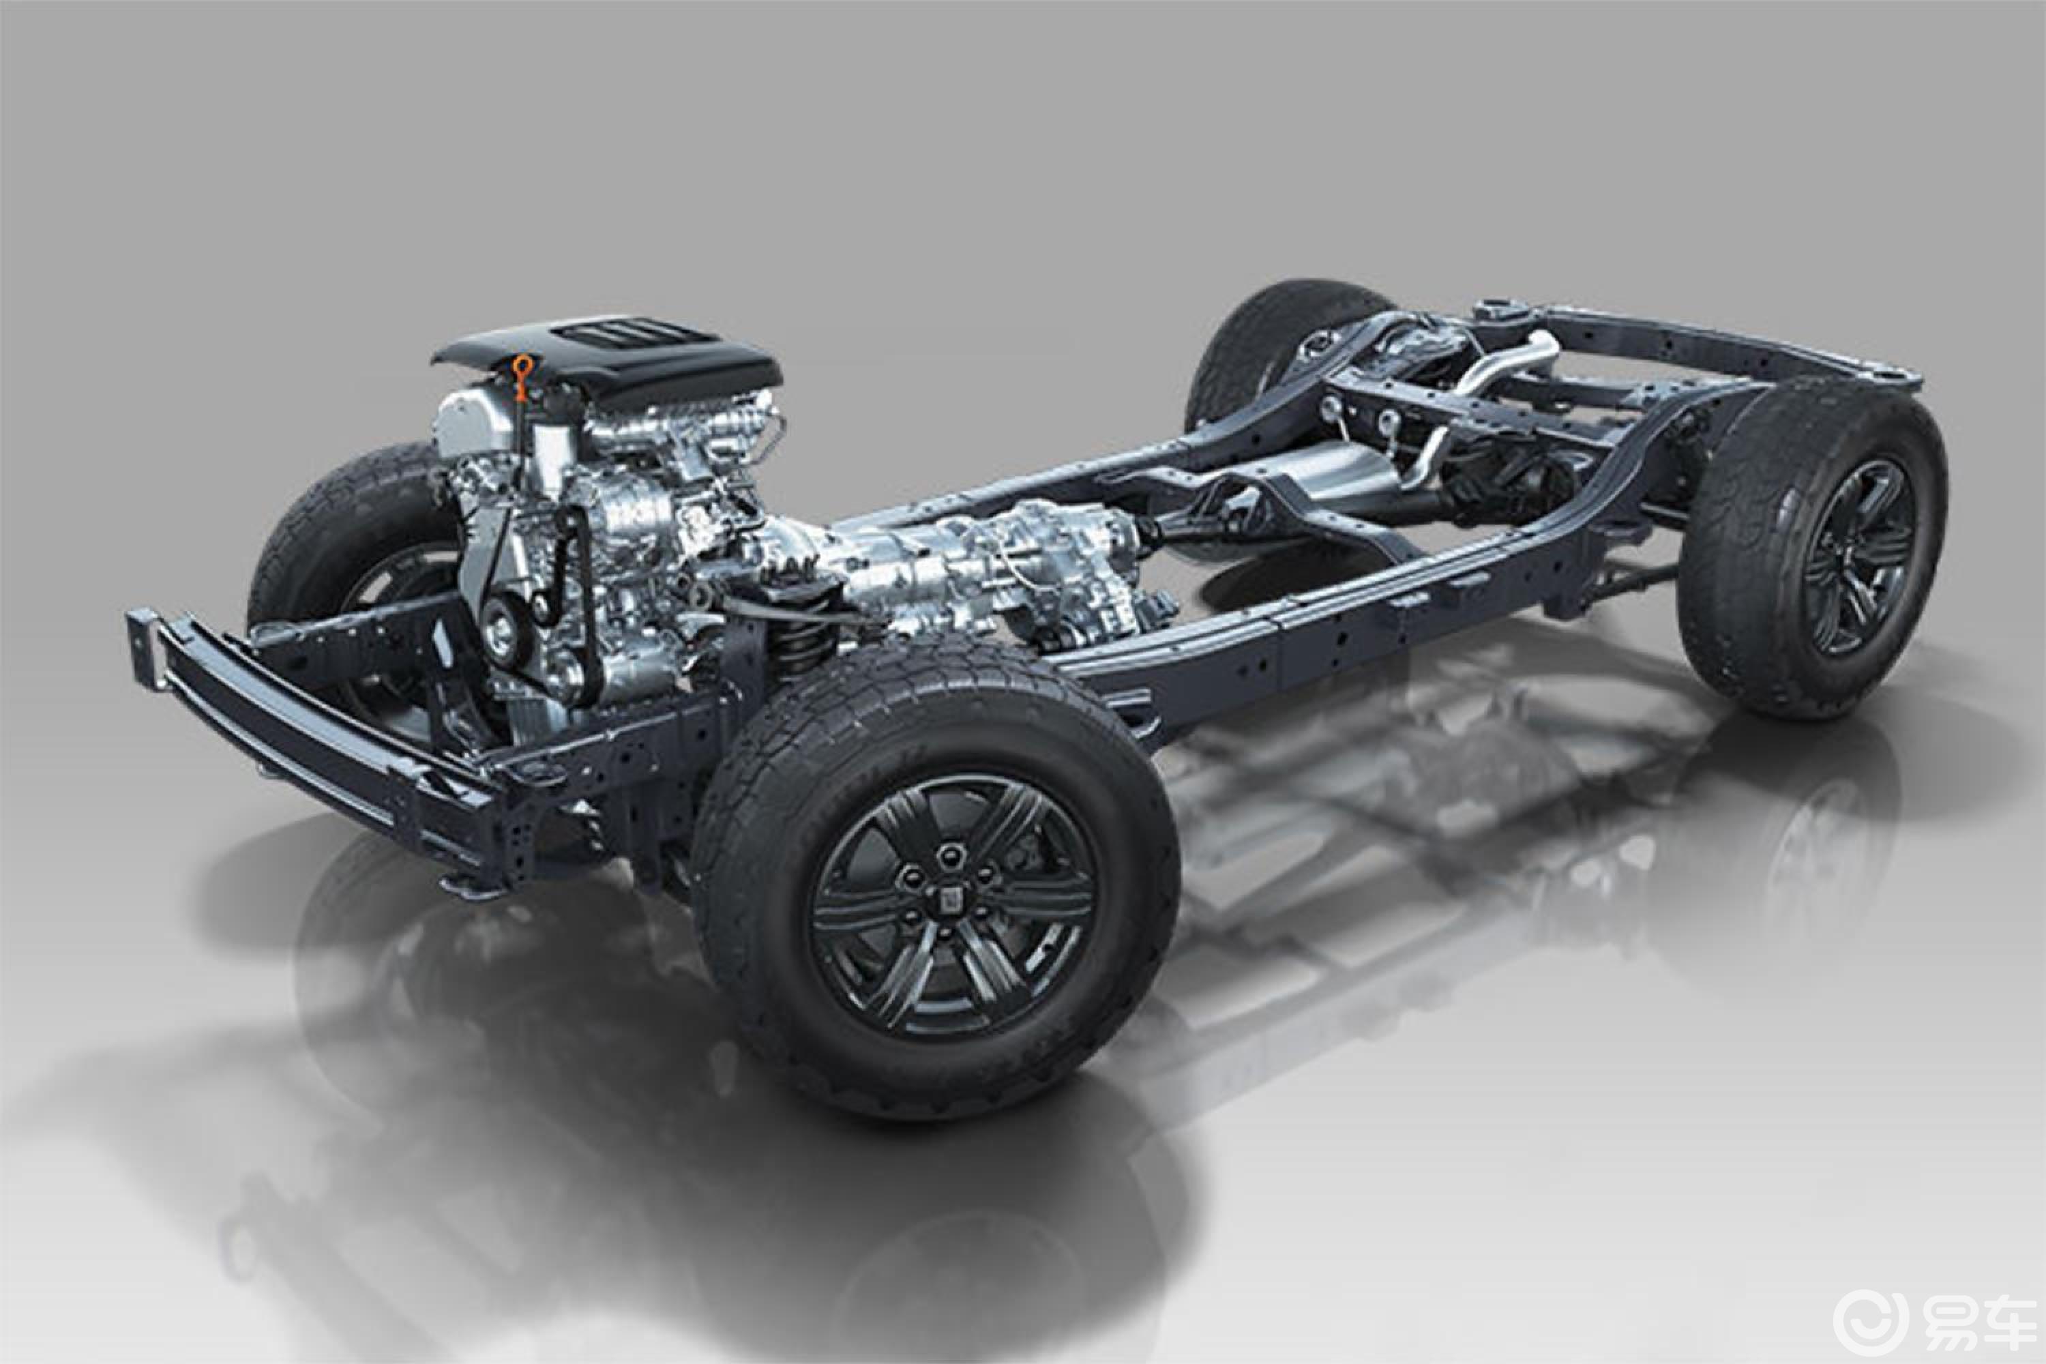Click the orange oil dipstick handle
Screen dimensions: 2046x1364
(x=521, y=376)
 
